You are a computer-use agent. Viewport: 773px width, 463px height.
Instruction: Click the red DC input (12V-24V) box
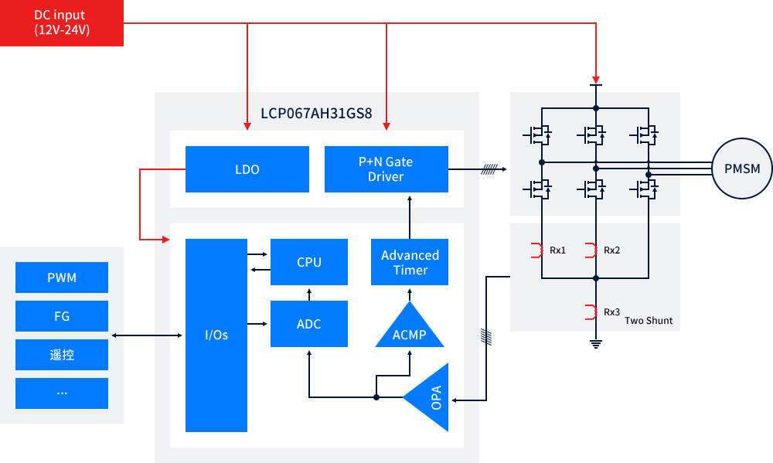[62, 23]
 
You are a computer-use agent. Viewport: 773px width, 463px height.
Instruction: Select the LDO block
[247, 169]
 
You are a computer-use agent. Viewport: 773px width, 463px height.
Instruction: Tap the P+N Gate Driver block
[386, 169]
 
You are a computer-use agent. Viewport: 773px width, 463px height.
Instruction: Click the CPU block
[309, 262]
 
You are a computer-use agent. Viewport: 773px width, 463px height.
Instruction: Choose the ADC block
[309, 324]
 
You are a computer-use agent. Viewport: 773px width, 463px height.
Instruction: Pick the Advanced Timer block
[410, 262]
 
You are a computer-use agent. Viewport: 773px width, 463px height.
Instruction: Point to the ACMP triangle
[410, 329]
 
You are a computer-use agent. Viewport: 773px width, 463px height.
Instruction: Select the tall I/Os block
[216, 335]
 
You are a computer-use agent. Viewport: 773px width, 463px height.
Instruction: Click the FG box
[62, 316]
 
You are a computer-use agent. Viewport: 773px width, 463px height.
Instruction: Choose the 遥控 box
[62, 355]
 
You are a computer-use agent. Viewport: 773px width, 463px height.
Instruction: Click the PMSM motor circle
[742, 169]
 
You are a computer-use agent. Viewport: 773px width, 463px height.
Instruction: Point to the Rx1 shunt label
[558, 250]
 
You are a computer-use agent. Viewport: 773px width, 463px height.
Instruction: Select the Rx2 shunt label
[612, 250]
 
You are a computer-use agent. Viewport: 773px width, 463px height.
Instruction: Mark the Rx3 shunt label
[612, 312]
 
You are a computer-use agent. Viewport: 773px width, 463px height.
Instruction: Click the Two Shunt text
[649, 320]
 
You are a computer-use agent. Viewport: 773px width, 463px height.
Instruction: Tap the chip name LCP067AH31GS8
[316, 114]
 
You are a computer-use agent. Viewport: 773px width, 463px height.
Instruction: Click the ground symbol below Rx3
[596, 344]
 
